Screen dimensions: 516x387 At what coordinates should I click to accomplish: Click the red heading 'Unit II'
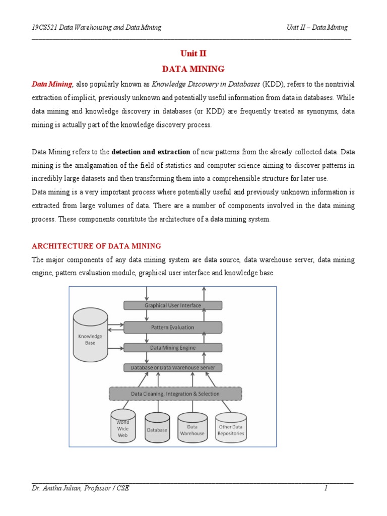click(193, 54)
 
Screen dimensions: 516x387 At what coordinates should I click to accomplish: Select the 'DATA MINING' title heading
click(193, 69)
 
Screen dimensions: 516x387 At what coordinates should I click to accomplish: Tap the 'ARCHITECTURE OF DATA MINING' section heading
click(96, 246)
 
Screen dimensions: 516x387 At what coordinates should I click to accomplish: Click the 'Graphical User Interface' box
click(173, 305)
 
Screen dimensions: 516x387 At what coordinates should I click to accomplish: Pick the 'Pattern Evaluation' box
click(173, 327)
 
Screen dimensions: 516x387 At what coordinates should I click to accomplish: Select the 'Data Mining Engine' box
click(173, 348)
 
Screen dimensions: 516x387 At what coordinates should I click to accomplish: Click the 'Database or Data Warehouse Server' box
click(173, 368)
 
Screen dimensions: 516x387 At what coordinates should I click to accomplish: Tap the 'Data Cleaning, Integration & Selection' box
click(175, 394)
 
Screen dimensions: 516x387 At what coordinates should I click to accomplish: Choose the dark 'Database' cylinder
click(157, 429)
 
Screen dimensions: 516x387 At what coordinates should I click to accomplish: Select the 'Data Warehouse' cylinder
click(192, 429)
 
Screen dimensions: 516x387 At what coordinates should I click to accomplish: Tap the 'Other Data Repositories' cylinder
click(231, 429)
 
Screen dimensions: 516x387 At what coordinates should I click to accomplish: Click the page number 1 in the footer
click(326, 488)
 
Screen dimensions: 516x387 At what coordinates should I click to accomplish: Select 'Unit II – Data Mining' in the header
click(317, 27)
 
